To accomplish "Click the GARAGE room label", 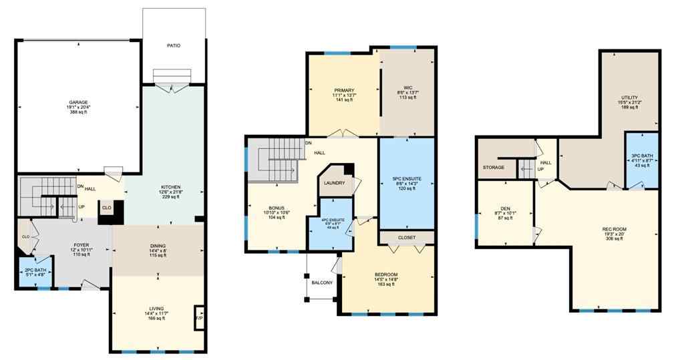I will [77, 102].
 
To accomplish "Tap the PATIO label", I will [174, 45].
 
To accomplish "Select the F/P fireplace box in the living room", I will [198, 318].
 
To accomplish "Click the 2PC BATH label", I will [35, 269].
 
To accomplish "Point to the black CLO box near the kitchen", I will [106, 208].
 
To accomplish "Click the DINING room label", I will [158, 246].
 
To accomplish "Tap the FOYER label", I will [81, 245].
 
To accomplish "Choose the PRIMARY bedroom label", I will [344, 90].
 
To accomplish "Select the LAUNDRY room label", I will [333, 183].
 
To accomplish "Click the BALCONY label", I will [322, 283].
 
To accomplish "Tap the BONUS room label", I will [277, 208].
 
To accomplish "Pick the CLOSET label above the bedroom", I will [407, 237].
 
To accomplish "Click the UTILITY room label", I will [629, 98].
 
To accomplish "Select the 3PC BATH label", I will [642, 156].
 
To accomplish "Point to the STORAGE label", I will [494, 167].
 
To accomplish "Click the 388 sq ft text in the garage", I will [77, 112].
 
